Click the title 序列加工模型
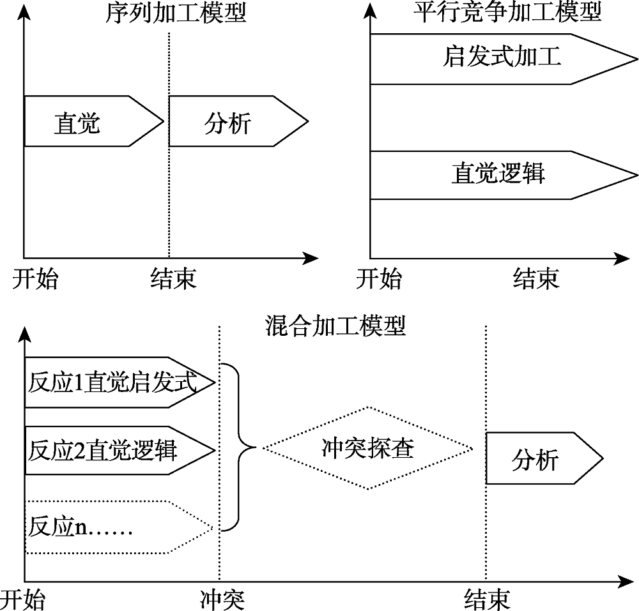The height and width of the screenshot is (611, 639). [x=176, y=13]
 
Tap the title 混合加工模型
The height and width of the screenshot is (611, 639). [x=335, y=327]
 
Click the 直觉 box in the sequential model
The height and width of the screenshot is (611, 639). [x=89, y=121]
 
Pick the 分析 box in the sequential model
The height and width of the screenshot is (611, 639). [x=233, y=121]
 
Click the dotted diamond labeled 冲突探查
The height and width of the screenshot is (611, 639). [x=367, y=449]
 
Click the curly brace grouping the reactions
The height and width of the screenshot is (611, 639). [x=240, y=448]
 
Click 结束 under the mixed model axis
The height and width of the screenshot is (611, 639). [x=487, y=600]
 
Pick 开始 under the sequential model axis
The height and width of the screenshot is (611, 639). [x=35, y=278]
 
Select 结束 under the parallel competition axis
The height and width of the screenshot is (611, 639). [x=535, y=278]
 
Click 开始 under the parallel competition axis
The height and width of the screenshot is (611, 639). [x=379, y=278]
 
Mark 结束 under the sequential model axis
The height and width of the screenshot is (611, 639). [x=173, y=278]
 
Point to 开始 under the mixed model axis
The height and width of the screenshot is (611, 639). [x=23, y=600]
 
